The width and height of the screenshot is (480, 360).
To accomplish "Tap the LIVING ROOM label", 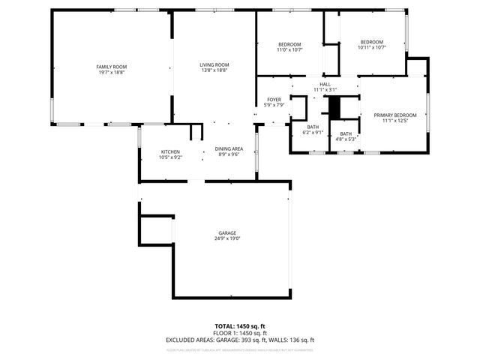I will [x=214, y=65].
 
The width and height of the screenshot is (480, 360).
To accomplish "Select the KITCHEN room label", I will [x=169, y=152].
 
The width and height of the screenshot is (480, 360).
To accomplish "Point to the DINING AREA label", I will [x=229, y=148].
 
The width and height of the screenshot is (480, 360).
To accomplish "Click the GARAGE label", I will [x=228, y=233].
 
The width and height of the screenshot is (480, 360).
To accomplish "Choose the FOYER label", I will [x=274, y=100].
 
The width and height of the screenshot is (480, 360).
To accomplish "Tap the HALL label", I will [x=325, y=84].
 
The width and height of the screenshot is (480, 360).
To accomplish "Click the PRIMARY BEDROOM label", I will [x=394, y=115].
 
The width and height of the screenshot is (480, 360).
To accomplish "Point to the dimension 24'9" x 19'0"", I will [x=228, y=238].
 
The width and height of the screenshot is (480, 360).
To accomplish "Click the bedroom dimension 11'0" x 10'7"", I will [x=289, y=50].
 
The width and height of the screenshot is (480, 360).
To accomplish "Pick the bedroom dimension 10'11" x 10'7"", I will [x=371, y=47].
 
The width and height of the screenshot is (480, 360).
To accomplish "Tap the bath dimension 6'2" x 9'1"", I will [x=313, y=133].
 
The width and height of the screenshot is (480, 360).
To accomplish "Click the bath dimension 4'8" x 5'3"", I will [x=345, y=139].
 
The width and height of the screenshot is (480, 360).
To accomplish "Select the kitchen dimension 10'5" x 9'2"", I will [x=169, y=157].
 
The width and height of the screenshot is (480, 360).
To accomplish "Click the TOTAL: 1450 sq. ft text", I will [x=240, y=326].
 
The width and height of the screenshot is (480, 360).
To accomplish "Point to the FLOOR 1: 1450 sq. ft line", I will [x=240, y=333].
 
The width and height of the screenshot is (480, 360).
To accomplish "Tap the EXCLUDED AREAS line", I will [x=240, y=340].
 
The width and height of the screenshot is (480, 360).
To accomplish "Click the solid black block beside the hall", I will [x=336, y=107].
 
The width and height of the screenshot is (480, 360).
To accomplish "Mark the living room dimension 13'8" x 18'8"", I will [x=214, y=70].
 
